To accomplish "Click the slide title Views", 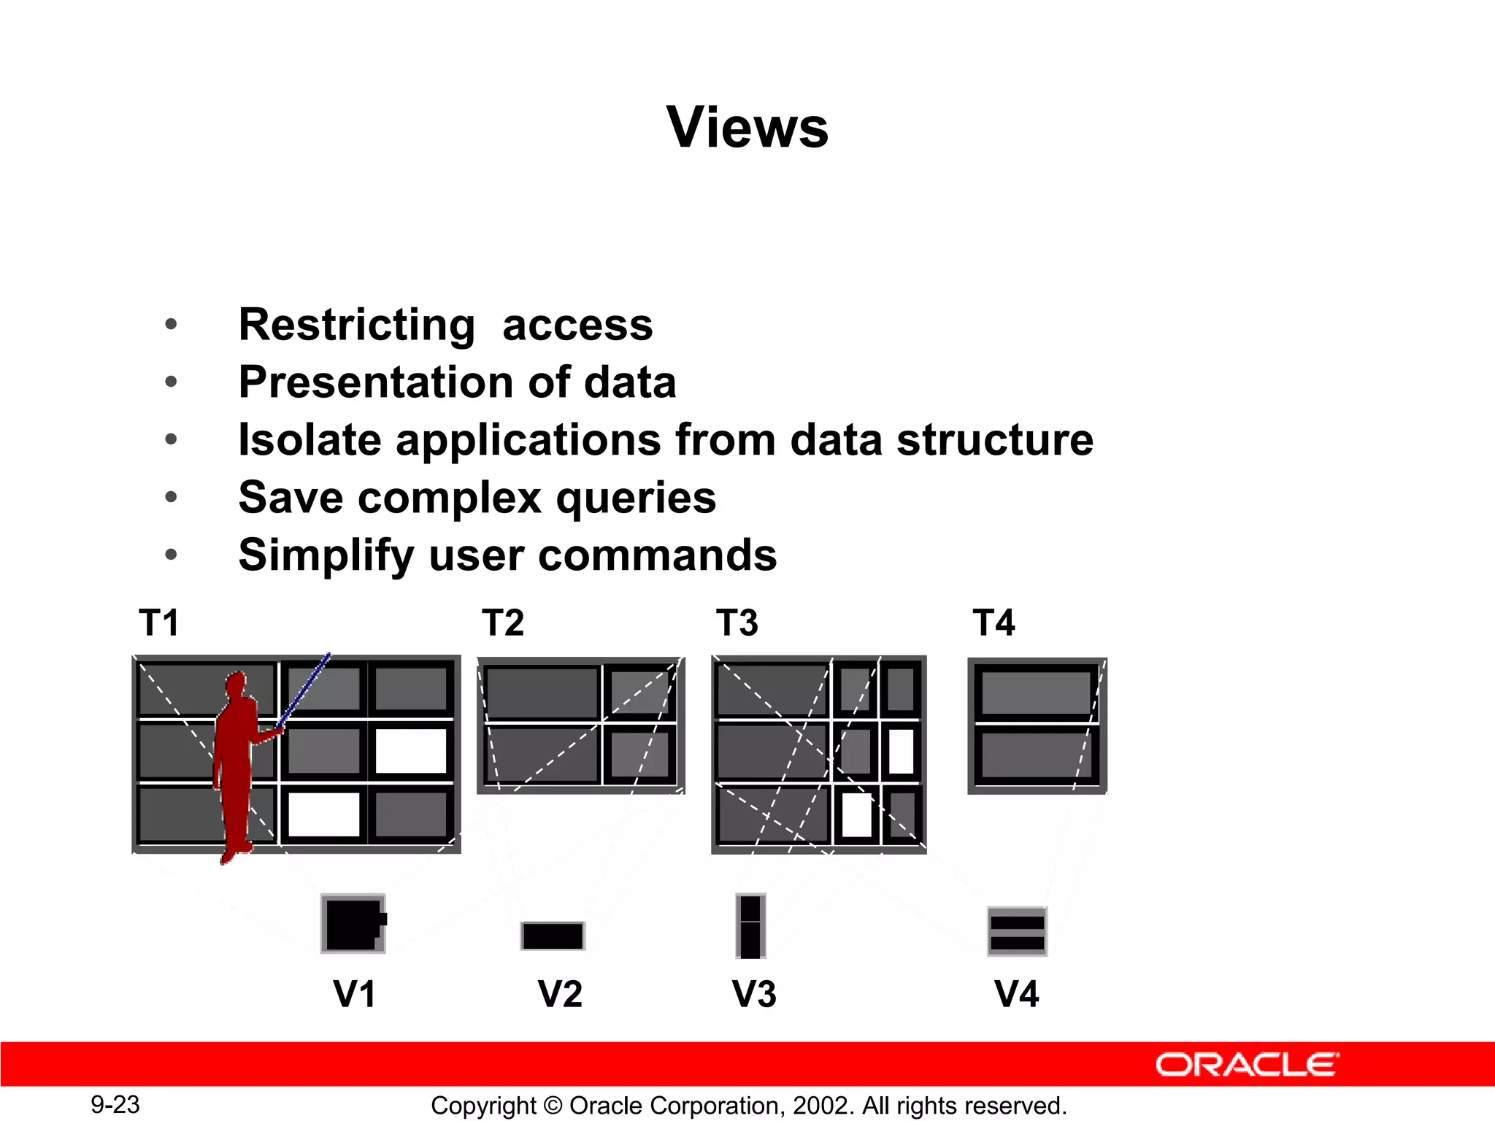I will pyautogui.click(x=747, y=128).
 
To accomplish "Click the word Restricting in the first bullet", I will pyautogui.click(x=356, y=325).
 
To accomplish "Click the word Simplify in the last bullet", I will pyautogui.click(x=326, y=556).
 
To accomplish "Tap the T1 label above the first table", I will pyautogui.click(x=158, y=623).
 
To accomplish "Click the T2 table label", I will pyautogui.click(x=503, y=623).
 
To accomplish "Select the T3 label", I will pyautogui.click(x=737, y=623).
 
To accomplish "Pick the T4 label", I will pyautogui.click(x=994, y=623).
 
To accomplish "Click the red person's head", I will pyautogui.click(x=236, y=685).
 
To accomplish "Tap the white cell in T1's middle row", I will pyautogui.click(x=410, y=751).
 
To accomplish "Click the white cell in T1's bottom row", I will pyautogui.click(x=324, y=814).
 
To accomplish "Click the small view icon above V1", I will pyautogui.click(x=353, y=924).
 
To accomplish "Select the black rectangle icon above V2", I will pyautogui.click(x=553, y=936).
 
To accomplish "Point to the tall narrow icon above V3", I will pyautogui.click(x=750, y=925).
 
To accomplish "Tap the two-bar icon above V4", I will pyautogui.click(x=1017, y=932).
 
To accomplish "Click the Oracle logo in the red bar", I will pyautogui.click(x=1247, y=1065).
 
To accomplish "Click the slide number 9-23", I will pyautogui.click(x=115, y=1105).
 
